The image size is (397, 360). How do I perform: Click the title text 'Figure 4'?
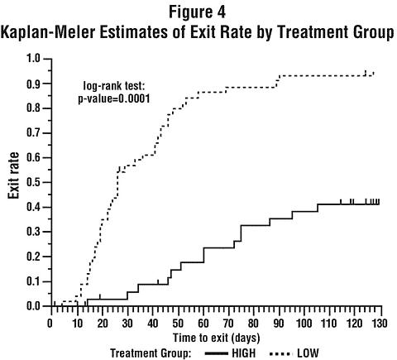click(197, 12)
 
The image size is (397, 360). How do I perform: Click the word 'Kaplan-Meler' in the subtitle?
click(48, 32)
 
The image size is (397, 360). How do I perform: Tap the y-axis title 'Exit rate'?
click(13, 175)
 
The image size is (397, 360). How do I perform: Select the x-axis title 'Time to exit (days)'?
click(217, 338)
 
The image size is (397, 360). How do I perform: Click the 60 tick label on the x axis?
click(203, 323)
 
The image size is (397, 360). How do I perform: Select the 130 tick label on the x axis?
click(380, 323)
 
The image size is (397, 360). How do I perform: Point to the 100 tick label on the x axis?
click(304, 323)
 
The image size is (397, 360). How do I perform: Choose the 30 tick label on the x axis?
click(127, 323)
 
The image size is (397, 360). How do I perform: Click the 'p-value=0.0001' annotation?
click(114, 98)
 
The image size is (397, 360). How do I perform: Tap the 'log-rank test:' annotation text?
click(114, 86)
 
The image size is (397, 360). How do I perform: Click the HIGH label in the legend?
click(244, 353)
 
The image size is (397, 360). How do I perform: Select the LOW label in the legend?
click(308, 353)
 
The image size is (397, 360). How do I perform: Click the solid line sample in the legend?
click(217, 353)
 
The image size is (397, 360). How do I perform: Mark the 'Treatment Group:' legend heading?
click(151, 353)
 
